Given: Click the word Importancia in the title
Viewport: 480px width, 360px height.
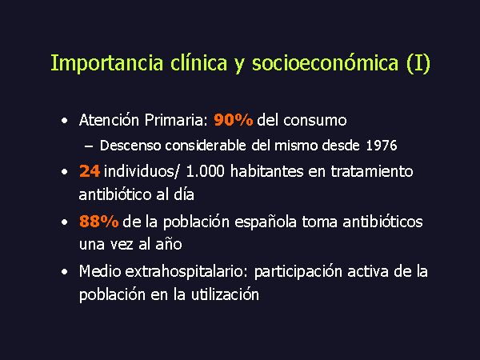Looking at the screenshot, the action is [x=107, y=64].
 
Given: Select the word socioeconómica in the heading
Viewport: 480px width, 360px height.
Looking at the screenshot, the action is [x=325, y=62].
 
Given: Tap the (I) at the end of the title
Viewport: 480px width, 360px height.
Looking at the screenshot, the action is [x=418, y=64].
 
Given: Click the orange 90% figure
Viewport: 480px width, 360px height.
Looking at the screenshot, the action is [x=234, y=120].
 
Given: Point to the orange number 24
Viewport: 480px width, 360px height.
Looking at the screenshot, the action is [x=90, y=171].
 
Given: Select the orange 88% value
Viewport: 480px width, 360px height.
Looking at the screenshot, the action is [x=98, y=221].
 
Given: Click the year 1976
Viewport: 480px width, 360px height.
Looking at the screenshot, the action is [x=382, y=146].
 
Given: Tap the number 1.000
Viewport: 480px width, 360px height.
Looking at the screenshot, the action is [x=205, y=171].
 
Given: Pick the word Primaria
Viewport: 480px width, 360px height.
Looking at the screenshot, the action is [x=174, y=120].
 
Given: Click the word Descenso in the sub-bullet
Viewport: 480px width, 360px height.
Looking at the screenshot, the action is [x=130, y=146].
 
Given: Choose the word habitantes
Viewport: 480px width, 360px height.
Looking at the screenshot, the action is [x=266, y=170].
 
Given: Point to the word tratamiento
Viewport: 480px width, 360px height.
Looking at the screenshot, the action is [x=372, y=170].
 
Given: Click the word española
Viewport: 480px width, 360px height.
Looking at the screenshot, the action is [x=266, y=222].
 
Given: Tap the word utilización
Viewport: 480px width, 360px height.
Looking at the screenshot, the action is [x=225, y=294].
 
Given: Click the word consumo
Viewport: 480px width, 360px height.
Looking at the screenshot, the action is [x=314, y=121].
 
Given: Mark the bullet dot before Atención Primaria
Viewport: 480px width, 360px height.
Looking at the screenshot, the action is [x=64, y=121].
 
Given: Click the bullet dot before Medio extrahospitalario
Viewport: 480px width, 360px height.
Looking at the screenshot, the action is [x=64, y=272].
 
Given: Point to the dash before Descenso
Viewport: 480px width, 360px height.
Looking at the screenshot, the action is [x=89, y=146].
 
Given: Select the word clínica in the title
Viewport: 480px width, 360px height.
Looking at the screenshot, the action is [x=198, y=62].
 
